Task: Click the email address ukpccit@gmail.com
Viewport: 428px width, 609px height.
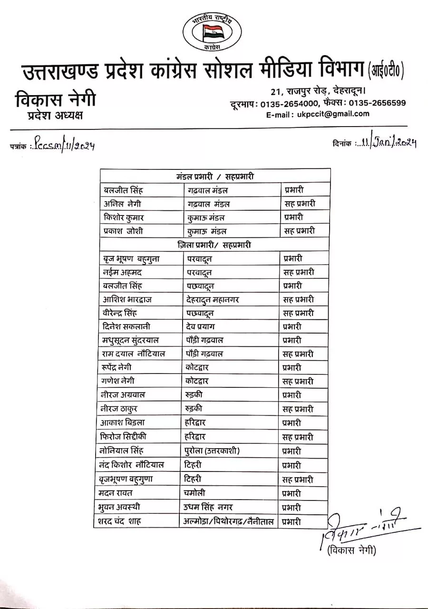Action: point(339,114)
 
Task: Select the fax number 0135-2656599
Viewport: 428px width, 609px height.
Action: point(378,103)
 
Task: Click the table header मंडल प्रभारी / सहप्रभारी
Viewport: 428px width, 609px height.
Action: point(215,177)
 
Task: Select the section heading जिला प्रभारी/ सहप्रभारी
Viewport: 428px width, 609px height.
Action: point(214,245)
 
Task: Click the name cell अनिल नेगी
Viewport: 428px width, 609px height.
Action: point(122,204)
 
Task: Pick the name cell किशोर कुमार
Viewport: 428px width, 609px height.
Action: point(124,217)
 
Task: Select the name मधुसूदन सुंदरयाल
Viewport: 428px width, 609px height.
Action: point(130,340)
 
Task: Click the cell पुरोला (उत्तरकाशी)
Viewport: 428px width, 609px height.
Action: point(212,451)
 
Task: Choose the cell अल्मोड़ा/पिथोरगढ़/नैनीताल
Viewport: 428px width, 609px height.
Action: point(229,521)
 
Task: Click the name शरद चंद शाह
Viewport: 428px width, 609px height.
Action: point(121,521)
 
